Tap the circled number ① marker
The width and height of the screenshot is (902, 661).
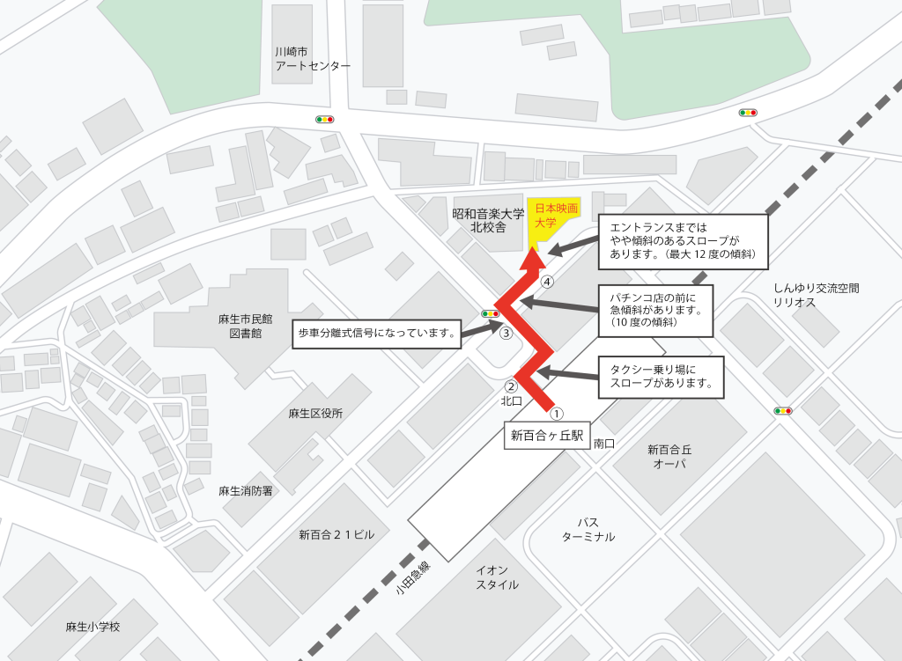tap(556, 412)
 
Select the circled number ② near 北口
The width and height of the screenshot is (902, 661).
tap(510, 386)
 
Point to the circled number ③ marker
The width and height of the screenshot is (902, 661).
tap(506, 333)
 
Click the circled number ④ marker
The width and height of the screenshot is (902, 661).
tap(548, 283)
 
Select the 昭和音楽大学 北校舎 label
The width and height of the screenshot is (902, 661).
tap(488, 220)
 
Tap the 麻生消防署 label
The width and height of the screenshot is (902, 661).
tap(246, 490)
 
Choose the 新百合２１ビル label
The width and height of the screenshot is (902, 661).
tap(336, 534)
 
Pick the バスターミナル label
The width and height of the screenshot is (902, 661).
tap(588, 529)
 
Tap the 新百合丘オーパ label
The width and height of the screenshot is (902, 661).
tap(669, 456)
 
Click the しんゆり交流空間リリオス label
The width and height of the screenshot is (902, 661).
tap(816, 295)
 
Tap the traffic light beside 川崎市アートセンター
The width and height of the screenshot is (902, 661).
tap(325, 119)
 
